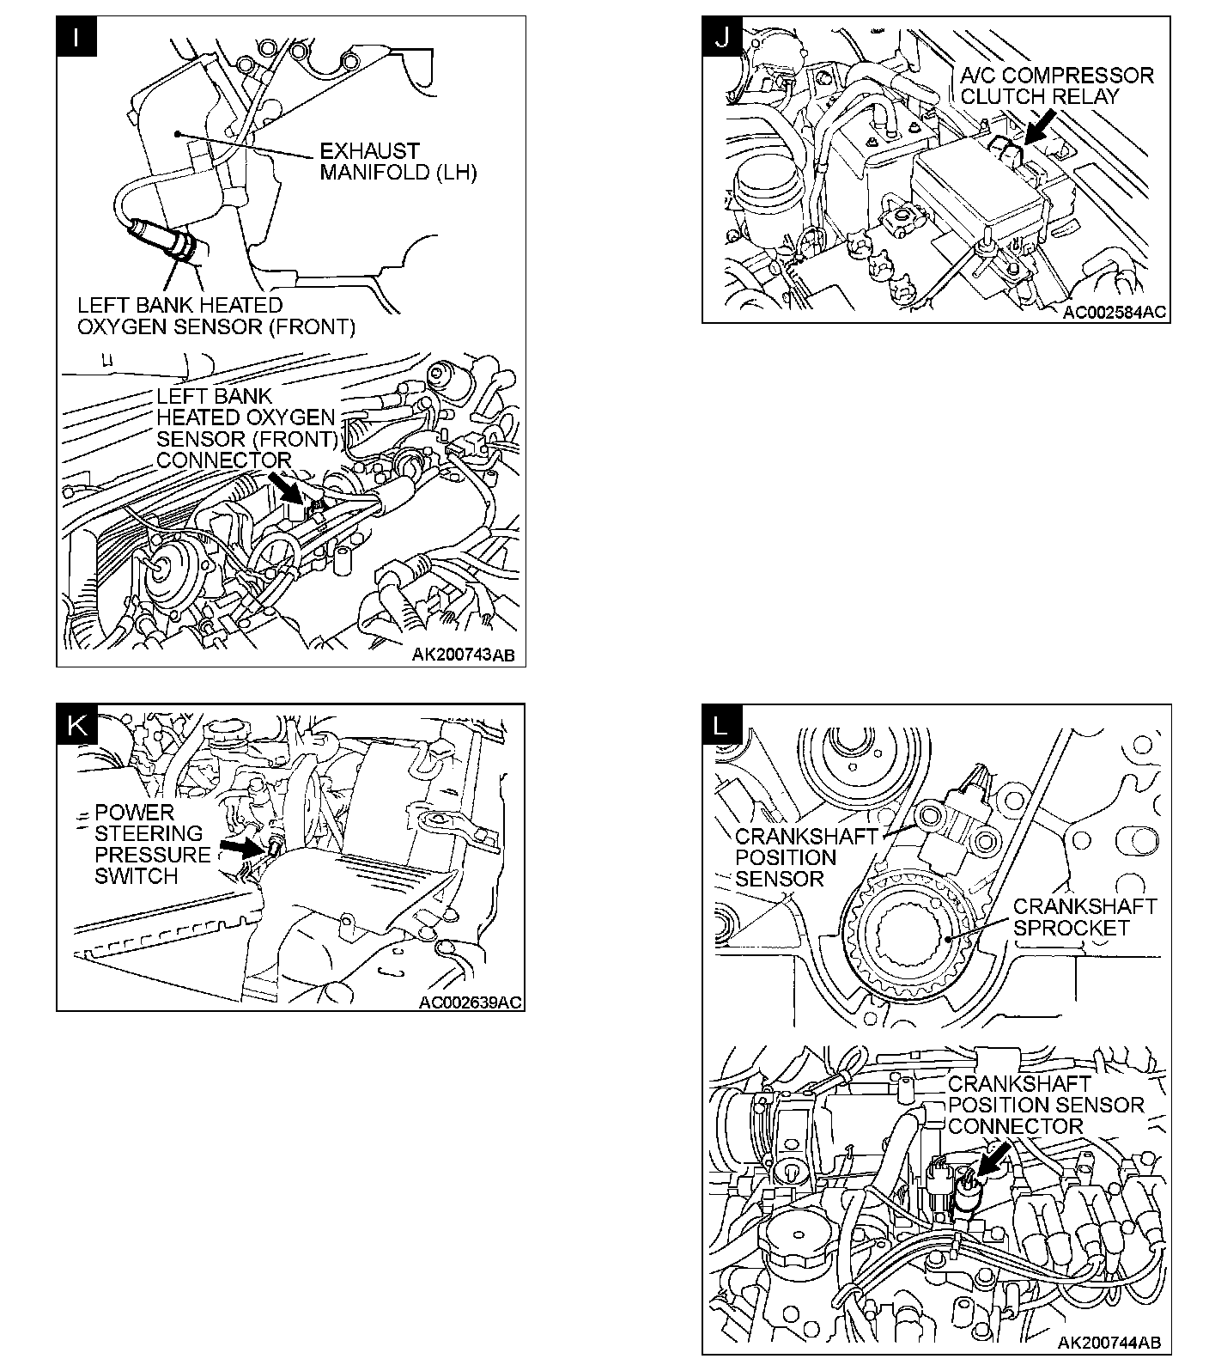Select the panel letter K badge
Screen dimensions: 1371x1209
77,725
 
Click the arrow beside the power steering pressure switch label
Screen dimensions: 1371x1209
240,847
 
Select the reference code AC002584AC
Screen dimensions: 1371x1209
1115,313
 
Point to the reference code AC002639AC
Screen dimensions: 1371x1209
470,1002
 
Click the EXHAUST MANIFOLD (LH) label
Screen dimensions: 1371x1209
398,162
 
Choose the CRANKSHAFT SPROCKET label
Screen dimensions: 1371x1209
1084,917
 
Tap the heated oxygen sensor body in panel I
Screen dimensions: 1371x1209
163,240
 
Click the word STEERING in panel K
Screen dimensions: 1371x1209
149,833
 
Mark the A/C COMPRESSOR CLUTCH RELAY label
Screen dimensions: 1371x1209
1057,85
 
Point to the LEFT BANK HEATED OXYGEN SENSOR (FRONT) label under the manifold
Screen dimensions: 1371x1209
216,316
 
